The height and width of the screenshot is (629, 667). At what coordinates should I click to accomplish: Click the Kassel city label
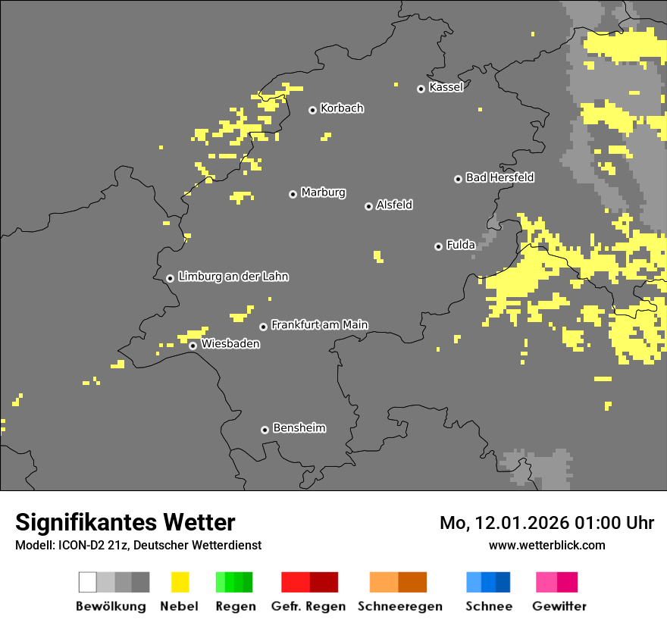pos(446,87)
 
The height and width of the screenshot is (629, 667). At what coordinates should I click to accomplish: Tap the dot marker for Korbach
pos(312,110)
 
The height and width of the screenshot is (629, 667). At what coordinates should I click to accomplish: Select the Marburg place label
pos(323,192)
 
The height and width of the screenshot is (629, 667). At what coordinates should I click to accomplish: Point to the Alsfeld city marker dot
pos(368,206)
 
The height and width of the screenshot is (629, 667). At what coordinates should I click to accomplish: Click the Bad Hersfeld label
pos(499,177)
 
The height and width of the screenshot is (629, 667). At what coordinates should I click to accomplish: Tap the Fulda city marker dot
pos(438,246)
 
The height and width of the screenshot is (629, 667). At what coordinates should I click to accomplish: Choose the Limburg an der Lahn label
pos(233,277)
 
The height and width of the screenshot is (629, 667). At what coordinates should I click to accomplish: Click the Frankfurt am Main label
pos(319,324)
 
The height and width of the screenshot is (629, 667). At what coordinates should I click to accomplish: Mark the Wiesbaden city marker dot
pos(193,346)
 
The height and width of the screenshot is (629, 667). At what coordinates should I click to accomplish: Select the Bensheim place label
pos(299,428)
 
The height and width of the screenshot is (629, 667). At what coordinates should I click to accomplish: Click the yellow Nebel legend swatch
pos(180,582)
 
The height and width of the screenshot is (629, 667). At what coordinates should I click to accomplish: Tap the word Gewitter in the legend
pos(559,606)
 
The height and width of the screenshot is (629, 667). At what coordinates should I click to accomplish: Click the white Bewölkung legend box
pos(88,582)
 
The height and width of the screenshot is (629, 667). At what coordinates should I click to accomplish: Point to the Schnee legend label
pos(488,606)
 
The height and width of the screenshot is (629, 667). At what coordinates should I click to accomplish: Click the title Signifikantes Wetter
pos(125,522)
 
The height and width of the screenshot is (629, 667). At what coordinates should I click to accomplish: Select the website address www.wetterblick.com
pos(546,545)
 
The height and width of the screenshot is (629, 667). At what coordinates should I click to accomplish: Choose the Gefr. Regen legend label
pos(308,606)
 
